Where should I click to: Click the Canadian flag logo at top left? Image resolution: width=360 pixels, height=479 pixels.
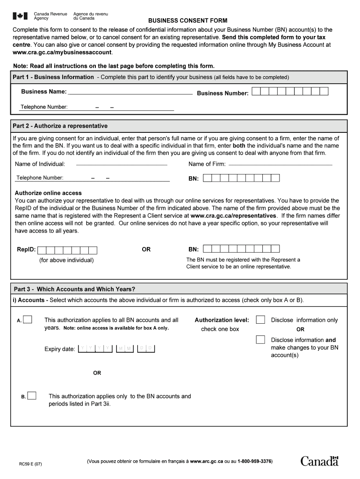20,16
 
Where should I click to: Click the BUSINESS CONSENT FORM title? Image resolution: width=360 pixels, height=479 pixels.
187,21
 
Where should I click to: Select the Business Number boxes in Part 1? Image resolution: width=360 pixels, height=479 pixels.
290,92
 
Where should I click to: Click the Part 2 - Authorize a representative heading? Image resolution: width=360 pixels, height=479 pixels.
60,126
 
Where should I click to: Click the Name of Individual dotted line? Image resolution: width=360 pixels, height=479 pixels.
122,164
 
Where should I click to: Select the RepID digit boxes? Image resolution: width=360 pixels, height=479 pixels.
67,250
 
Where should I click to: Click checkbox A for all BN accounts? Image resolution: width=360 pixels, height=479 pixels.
28,319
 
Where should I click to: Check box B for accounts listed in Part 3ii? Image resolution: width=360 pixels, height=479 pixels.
32,396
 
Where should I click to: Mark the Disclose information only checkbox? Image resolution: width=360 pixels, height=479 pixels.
261,319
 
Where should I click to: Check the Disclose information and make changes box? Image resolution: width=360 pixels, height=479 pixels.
261,340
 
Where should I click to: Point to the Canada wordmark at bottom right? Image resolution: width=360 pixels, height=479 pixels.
319,461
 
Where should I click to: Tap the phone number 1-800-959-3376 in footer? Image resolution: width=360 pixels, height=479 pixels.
255,462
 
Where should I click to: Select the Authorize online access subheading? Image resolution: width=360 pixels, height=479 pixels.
48,193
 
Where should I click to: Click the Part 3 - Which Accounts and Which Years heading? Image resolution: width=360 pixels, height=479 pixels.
74,289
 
